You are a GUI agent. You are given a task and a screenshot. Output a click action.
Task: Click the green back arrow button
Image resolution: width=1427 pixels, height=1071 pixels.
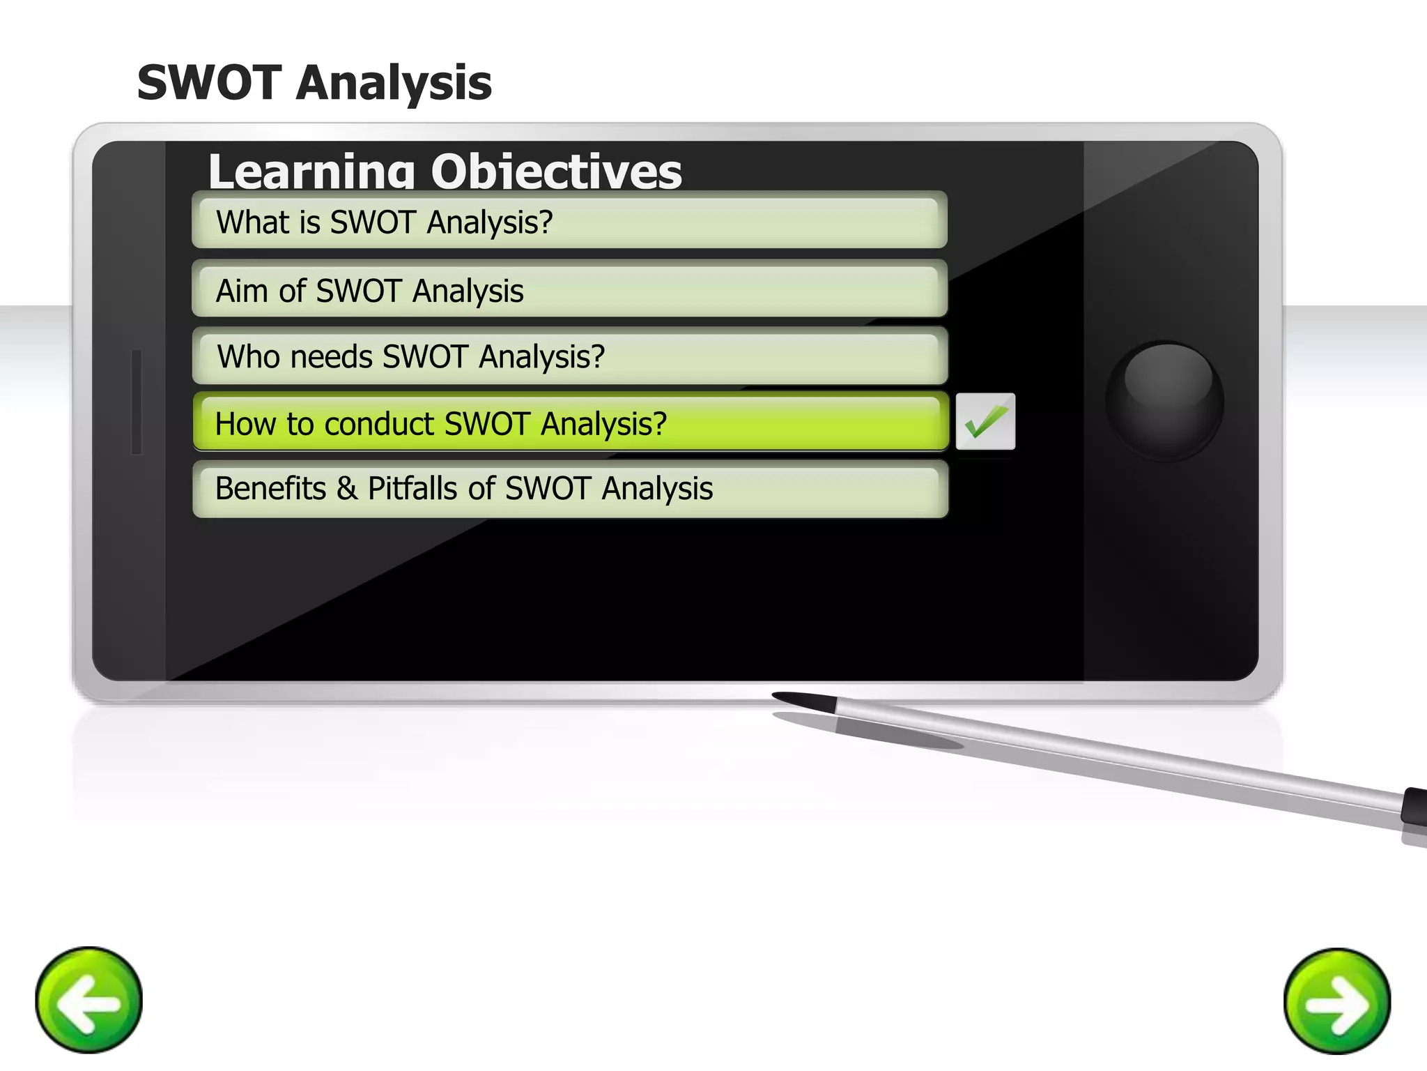88,999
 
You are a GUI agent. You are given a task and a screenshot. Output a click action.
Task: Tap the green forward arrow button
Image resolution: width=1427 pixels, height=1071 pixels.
1336,1001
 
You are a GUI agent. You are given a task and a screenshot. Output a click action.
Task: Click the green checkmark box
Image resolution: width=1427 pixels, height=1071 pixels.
985,421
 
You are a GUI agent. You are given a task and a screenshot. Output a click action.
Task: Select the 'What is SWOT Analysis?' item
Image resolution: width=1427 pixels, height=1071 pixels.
569,222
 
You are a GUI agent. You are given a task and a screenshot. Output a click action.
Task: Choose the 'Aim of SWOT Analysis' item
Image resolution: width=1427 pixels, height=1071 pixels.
569,290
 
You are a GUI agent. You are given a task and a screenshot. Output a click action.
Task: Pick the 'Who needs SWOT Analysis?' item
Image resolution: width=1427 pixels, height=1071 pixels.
569,356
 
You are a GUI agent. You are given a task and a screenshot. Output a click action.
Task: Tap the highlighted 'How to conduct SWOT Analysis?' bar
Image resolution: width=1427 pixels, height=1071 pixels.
569,423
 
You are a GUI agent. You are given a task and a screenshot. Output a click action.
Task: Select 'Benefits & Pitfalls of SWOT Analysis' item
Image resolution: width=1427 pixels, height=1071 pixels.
569,488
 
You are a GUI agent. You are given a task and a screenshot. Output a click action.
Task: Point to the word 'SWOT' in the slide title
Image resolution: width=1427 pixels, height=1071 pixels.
209,83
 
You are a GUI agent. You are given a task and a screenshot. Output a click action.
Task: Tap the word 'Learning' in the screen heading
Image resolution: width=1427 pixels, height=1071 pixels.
311,172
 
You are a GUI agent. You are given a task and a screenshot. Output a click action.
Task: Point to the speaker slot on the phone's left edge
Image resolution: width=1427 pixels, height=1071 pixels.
137,402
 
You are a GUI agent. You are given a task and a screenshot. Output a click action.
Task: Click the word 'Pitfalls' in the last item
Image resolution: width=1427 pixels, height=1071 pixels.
413,488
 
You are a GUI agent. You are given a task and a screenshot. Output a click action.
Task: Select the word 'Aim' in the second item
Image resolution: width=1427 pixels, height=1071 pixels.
241,291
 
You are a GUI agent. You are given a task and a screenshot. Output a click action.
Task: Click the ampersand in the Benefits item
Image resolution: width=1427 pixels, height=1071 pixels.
346,488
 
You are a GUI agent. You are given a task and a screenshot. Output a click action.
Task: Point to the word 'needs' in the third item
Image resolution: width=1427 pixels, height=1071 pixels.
331,357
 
